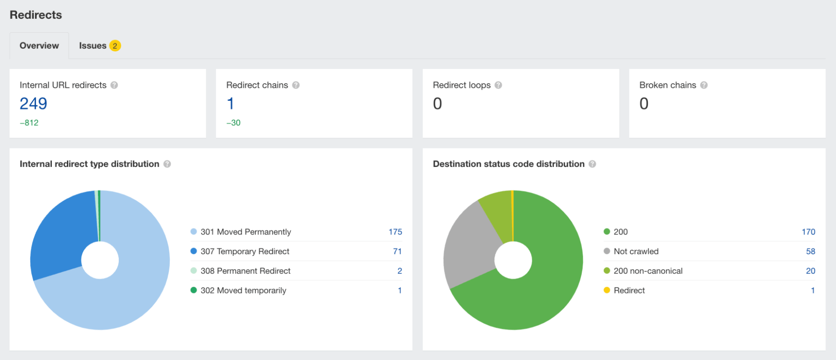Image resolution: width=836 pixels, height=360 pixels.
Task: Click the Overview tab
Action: pyautogui.click(x=39, y=46)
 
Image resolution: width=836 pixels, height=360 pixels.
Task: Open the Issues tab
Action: pyautogui.click(x=92, y=46)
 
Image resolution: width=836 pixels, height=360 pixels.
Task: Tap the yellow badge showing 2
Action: pyautogui.click(x=115, y=46)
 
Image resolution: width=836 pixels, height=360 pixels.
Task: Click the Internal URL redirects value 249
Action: pyautogui.click(x=33, y=104)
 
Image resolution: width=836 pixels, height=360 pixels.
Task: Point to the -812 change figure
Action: pyautogui.click(x=29, y=123)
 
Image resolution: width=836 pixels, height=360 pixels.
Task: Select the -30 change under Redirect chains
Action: pyautogui.click(x=233, y=123)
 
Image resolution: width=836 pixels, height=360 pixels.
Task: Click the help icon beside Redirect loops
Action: pyautogui.click(x=498, y=85)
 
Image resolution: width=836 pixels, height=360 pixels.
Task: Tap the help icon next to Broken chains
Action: pyautogui.click(x=704, y=85)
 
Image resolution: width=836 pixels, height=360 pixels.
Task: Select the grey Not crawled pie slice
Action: pyautogui.click(x=470, y=247)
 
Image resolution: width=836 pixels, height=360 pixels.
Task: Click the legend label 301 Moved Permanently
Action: pyautogui.click(x=245, y=232)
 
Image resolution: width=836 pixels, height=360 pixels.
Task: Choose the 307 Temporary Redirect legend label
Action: pyautogui.click(x=245, y=251)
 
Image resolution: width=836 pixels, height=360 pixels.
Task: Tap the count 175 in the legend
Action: pyautogui.click(x=395, y=232)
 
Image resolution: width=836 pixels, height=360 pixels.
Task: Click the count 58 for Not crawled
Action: pyautogui.click(x=810, y=251)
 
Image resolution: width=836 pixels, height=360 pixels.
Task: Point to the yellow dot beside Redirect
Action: pyautogui.click(x=607, y=290)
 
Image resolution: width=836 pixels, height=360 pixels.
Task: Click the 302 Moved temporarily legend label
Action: pyautogui.click(x=243, y=291)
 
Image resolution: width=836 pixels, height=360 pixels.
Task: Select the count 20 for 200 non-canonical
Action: pyautogui.click(x=810, y=271)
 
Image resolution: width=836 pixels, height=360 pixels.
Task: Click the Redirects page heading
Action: pyautogui.click(x=36, y=15)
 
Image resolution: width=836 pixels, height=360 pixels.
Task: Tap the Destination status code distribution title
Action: pyautogui.click(x=509, y=164)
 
